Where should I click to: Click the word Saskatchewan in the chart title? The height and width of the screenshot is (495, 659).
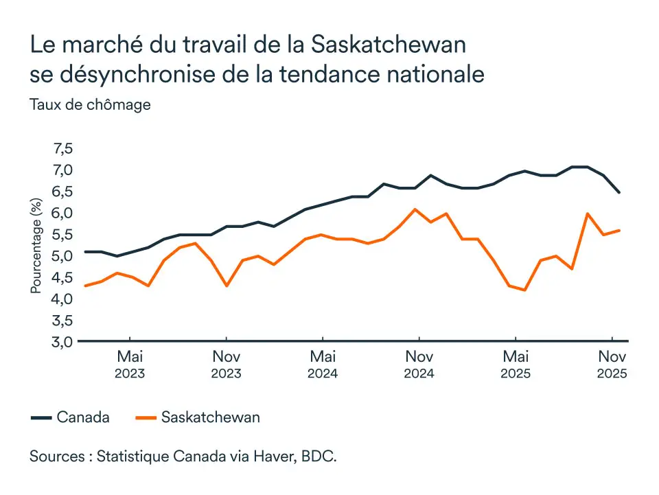tap(389, 45)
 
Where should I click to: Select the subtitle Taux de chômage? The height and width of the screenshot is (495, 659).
tap(90, 105)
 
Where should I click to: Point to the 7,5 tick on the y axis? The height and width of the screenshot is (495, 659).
tap(62, 149)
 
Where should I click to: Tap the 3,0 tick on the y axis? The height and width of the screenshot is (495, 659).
tap(62, 341)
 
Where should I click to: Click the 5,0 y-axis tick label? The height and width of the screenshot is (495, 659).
tap(62, 256)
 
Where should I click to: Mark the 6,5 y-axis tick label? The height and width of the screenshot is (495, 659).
tap(62, 192)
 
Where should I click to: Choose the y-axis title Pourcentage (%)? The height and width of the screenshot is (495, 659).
tap(36, 246)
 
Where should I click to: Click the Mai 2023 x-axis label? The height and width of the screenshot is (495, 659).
tap(130, 364)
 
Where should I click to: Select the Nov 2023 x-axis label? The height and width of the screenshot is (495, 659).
tap(226, 364)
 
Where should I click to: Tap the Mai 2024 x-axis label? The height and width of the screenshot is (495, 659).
tap(323, 364)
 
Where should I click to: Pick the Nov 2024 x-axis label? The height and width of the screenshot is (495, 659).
tap(419, 364)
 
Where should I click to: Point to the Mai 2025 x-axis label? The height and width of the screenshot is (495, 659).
tap(516, 364)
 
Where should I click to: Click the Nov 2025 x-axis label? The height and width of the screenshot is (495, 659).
tap(612, 364)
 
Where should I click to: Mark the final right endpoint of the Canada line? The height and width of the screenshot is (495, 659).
tap(620, 192)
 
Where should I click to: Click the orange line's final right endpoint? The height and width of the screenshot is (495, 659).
tap(620, 230)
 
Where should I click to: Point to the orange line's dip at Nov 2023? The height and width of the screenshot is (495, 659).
tap(226, 286)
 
